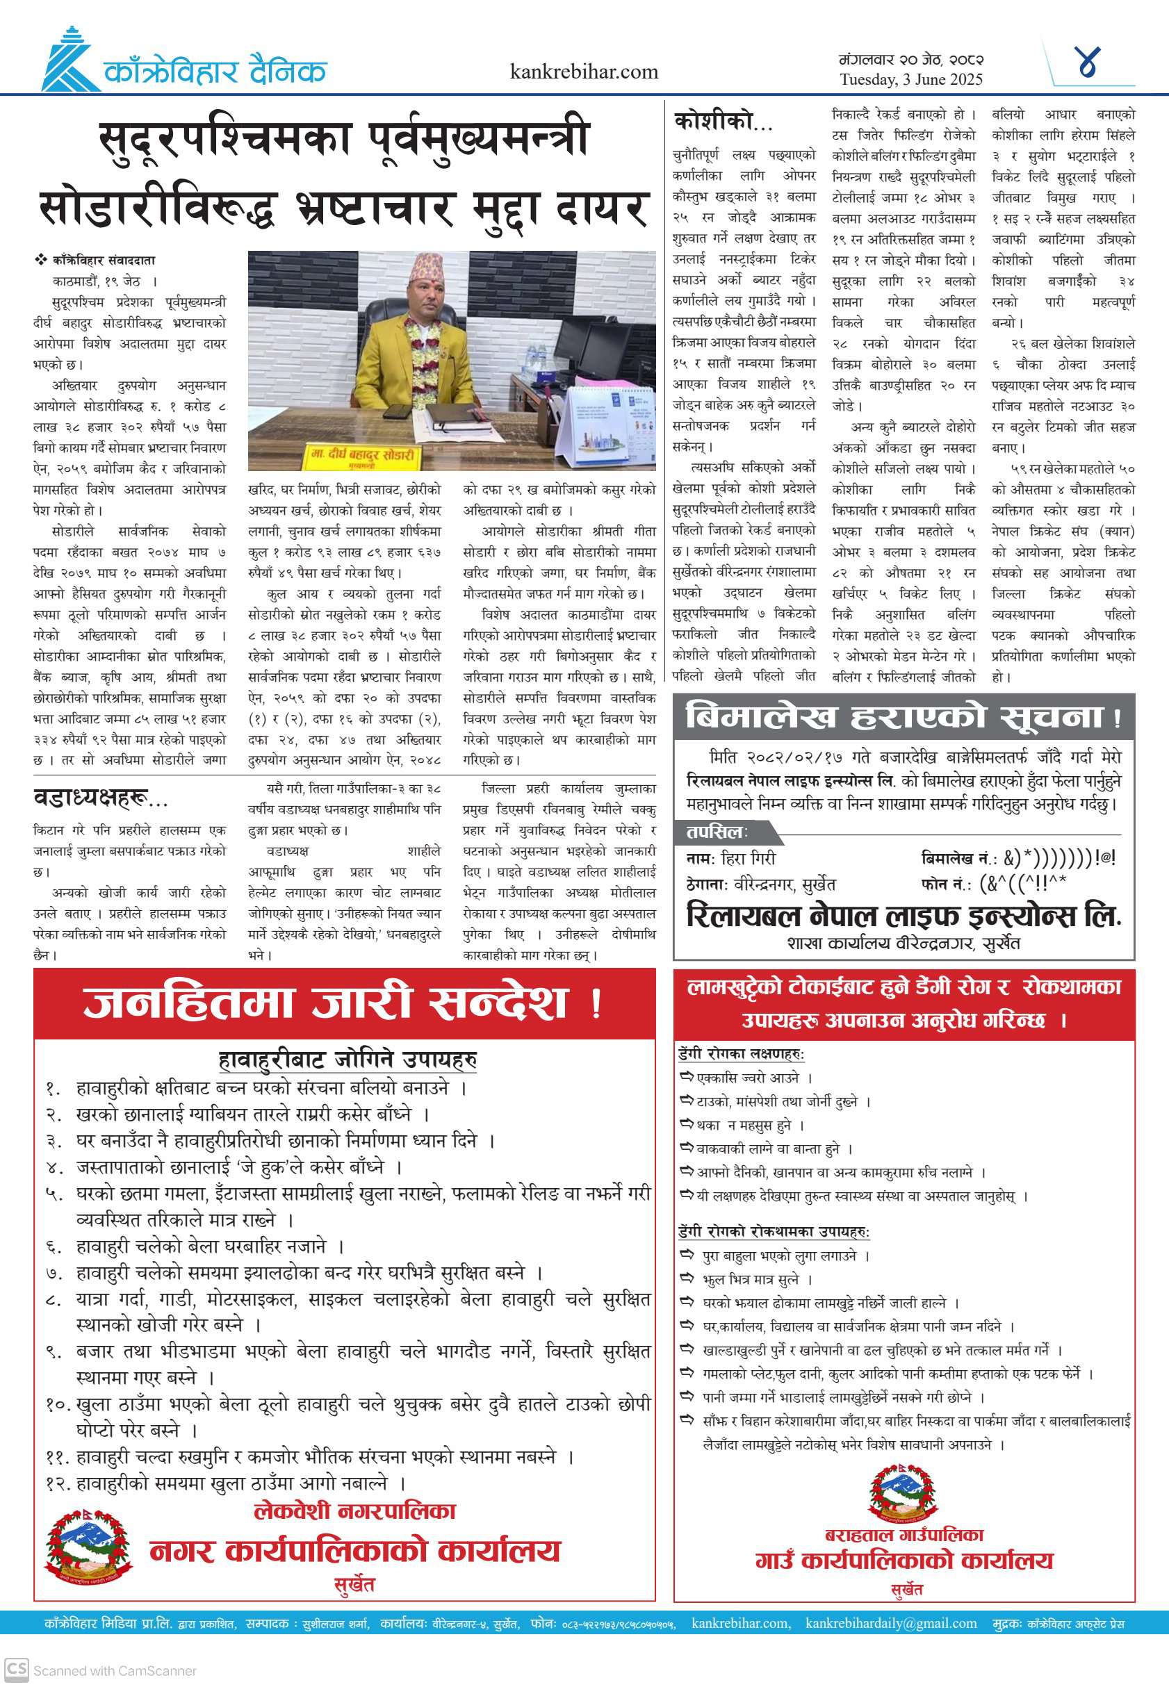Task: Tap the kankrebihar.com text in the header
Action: click(x=584, y=72)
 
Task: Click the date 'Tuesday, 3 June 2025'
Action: click(x=910, y=80)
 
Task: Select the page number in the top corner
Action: click(x=1088, y=63)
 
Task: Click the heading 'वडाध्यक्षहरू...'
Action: click(x=100, y=798)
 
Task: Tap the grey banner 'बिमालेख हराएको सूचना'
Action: click(x=903, y=716)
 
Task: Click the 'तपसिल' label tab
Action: click(x=717, y=832)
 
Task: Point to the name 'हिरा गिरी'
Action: click(x=748, y=858)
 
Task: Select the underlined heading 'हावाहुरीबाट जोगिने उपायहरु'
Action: click(x=348, y=1059)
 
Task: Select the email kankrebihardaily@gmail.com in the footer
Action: click(x=891, y=1623)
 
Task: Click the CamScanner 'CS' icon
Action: click(x=16, y=1670)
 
